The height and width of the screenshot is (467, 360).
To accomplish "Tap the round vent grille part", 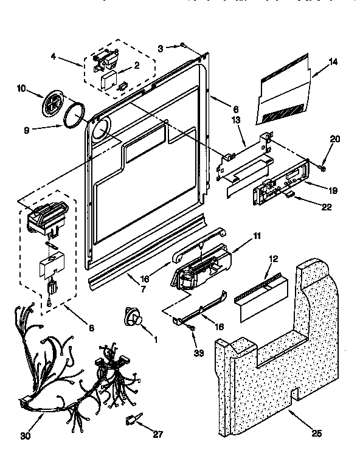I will pyautogui.click(x=52, y=105).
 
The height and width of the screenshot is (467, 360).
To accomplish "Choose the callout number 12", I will pyautogui.click(x=272, y=259).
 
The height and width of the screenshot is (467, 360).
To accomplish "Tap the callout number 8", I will pyautogui.click(x=91, y=329).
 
